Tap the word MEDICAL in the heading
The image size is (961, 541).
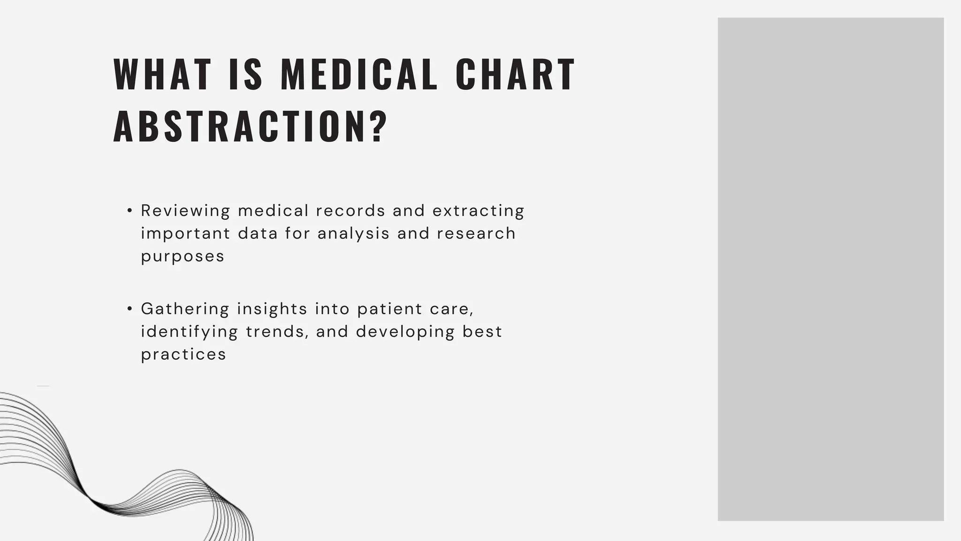[359, 74]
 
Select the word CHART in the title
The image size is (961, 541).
[515, 74]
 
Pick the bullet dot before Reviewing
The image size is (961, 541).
[130, 211]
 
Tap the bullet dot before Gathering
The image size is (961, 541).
[130, 309]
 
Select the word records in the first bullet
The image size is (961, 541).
[351, 211]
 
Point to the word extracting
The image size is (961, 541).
[478, 211]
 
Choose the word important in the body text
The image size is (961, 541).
[186, 233]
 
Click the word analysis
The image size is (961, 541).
[353, 233]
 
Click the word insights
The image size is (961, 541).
[272, 309]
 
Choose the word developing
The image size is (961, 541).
[405, 332]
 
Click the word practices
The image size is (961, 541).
[183, 355]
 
